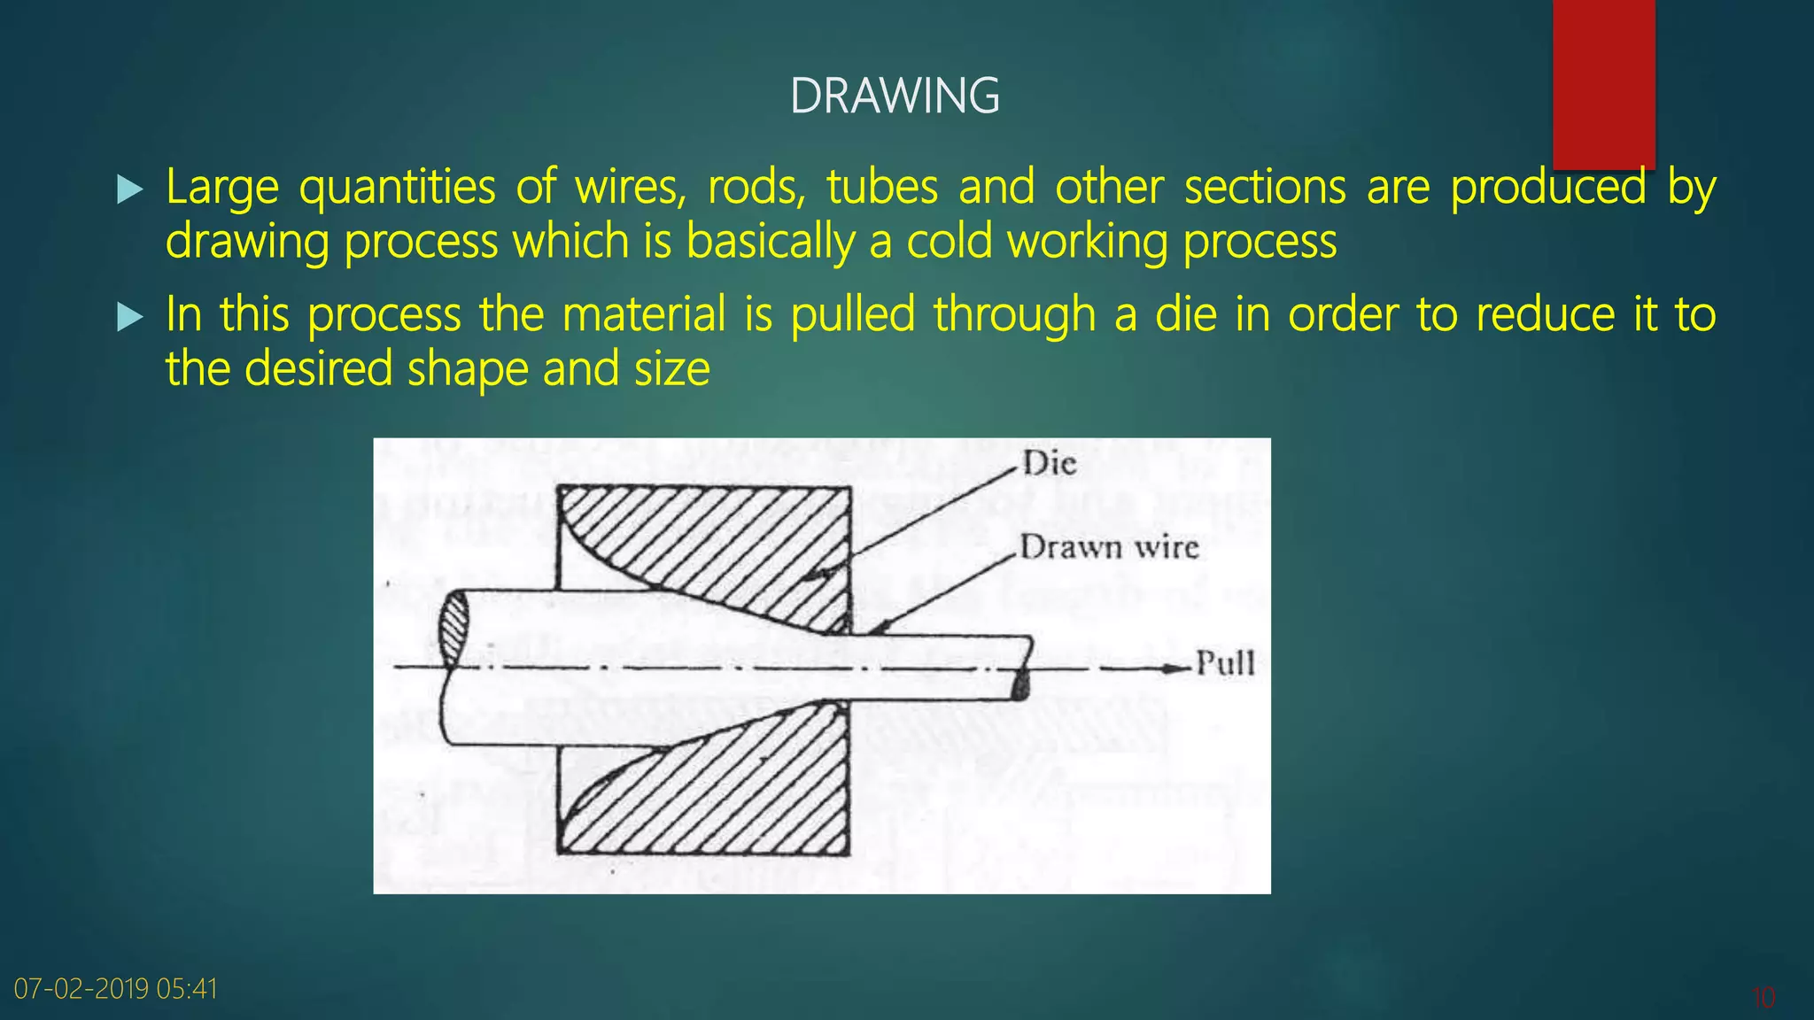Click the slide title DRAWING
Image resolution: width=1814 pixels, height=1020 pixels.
coord(895,97)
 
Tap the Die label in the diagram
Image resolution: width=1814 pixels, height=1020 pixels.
coord(1050,463)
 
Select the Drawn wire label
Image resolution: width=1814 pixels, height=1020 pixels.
coord(1109,547)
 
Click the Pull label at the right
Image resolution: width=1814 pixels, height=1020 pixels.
coord(1225,663)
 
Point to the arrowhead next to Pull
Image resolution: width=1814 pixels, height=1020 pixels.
coord(1178,668)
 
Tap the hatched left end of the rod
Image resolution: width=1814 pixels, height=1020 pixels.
coord(454,629)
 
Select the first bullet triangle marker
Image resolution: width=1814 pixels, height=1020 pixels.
coord(129,189)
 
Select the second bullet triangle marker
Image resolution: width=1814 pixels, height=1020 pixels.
coord(129,317)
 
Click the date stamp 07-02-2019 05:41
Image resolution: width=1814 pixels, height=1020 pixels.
coord(116,988)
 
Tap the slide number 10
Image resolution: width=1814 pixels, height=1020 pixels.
coord(1763,998)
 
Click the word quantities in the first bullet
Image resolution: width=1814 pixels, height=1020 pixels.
coord(397,188)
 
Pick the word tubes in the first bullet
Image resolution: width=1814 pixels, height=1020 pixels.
coord(882,188)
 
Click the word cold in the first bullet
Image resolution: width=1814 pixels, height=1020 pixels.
coord(949,242)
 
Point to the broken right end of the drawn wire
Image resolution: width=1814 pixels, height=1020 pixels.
coord(1023,668)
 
